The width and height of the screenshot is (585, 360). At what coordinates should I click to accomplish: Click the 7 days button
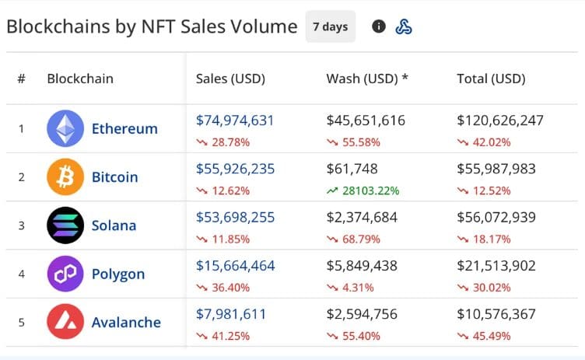pos(330,26)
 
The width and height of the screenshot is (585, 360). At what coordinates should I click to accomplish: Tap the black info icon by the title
pos(379,27)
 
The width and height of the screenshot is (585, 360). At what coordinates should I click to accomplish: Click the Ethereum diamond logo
pos(65,128)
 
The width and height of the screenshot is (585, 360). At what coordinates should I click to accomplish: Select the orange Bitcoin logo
pos(65,177)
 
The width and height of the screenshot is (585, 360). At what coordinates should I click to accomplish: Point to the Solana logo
pos(65,225)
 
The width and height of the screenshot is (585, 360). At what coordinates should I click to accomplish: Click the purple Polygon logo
pos(65,274)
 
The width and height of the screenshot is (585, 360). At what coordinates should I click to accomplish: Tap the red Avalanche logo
pos(65,322)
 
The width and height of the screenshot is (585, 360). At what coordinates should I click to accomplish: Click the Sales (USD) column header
pos(230,79)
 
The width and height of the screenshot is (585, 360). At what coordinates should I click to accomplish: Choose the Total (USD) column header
pos(491,79)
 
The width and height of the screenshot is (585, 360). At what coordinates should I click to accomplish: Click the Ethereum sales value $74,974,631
pos(235,121)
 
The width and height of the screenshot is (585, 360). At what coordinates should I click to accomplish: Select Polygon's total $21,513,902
pos(496,266)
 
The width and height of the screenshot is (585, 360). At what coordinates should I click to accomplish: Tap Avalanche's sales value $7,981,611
pos(231,314)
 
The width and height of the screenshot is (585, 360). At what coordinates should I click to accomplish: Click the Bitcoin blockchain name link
pos(114,177)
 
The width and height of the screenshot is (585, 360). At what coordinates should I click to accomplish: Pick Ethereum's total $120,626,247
pos(500,121)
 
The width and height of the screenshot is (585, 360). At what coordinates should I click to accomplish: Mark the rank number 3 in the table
pos(21,225)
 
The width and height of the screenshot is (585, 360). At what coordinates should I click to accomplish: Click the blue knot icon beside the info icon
pos(404,27)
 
